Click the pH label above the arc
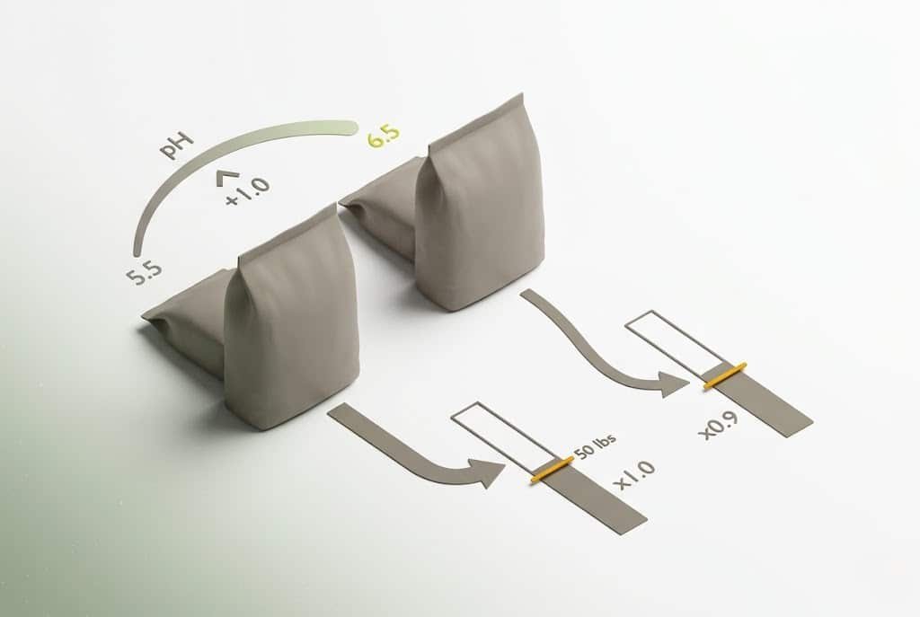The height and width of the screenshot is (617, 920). point(176,145)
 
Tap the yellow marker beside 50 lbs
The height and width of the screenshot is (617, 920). point(552,469)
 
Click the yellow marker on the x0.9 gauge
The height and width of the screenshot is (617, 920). point(725,375)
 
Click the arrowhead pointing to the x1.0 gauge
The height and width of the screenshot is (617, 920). point(489,472)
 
